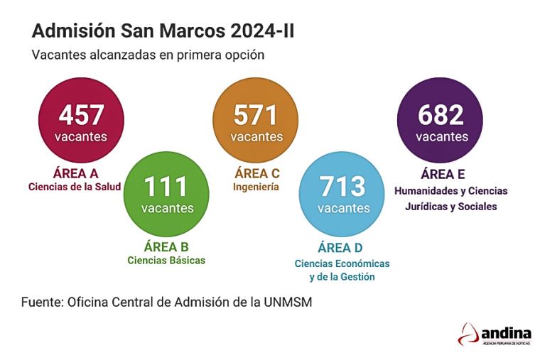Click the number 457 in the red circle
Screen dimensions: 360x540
(82, 115)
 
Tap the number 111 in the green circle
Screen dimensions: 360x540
(166, 187)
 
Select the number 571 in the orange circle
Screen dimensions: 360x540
(256, 115)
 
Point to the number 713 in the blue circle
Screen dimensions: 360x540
(343, 187)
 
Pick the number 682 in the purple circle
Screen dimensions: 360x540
(441, 115)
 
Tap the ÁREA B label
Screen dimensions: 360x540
(166, 246)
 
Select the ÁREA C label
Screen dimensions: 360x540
(256, 173)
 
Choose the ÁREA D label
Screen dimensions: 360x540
(340, 248)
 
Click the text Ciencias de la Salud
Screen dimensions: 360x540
(75, 187)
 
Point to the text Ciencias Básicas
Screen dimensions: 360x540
(166, 261)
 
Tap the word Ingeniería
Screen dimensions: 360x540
(256, 187)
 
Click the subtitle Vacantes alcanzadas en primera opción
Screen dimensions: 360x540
(148, 55)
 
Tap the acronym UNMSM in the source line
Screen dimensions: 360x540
(286, 302)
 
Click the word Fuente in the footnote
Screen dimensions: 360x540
(41, 302)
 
